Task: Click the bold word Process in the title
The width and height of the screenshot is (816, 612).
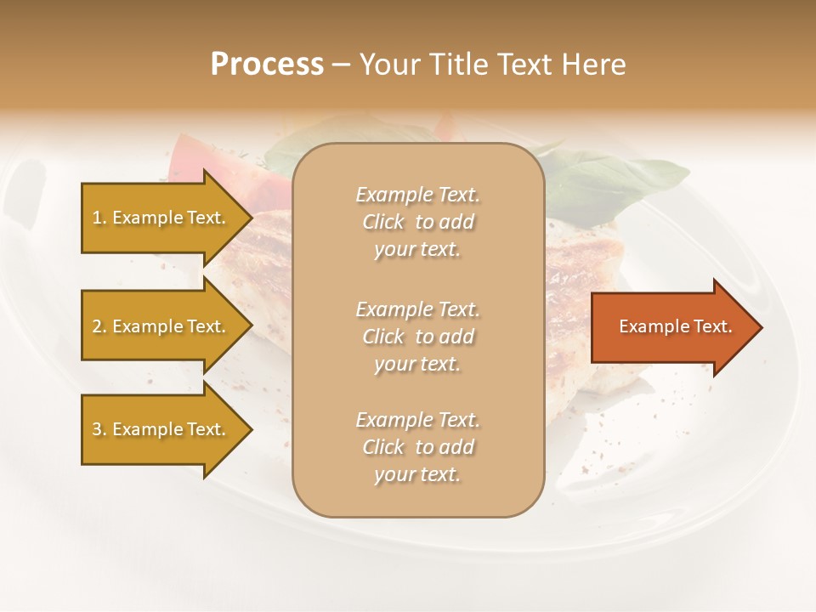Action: tap(267, 65)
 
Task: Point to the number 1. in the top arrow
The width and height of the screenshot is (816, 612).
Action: tap(99, 218)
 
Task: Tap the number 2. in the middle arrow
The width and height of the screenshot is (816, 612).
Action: tap(99, 326)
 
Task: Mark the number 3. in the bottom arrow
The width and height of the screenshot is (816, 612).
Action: tap(99, 429)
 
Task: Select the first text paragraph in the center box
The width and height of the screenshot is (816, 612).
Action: tap(417, 222)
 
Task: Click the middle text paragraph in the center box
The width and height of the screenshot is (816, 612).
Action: tap(417, 337)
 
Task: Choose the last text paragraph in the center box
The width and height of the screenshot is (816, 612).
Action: tap(417, 447)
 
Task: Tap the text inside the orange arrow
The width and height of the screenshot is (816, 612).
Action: tap(675, 326)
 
